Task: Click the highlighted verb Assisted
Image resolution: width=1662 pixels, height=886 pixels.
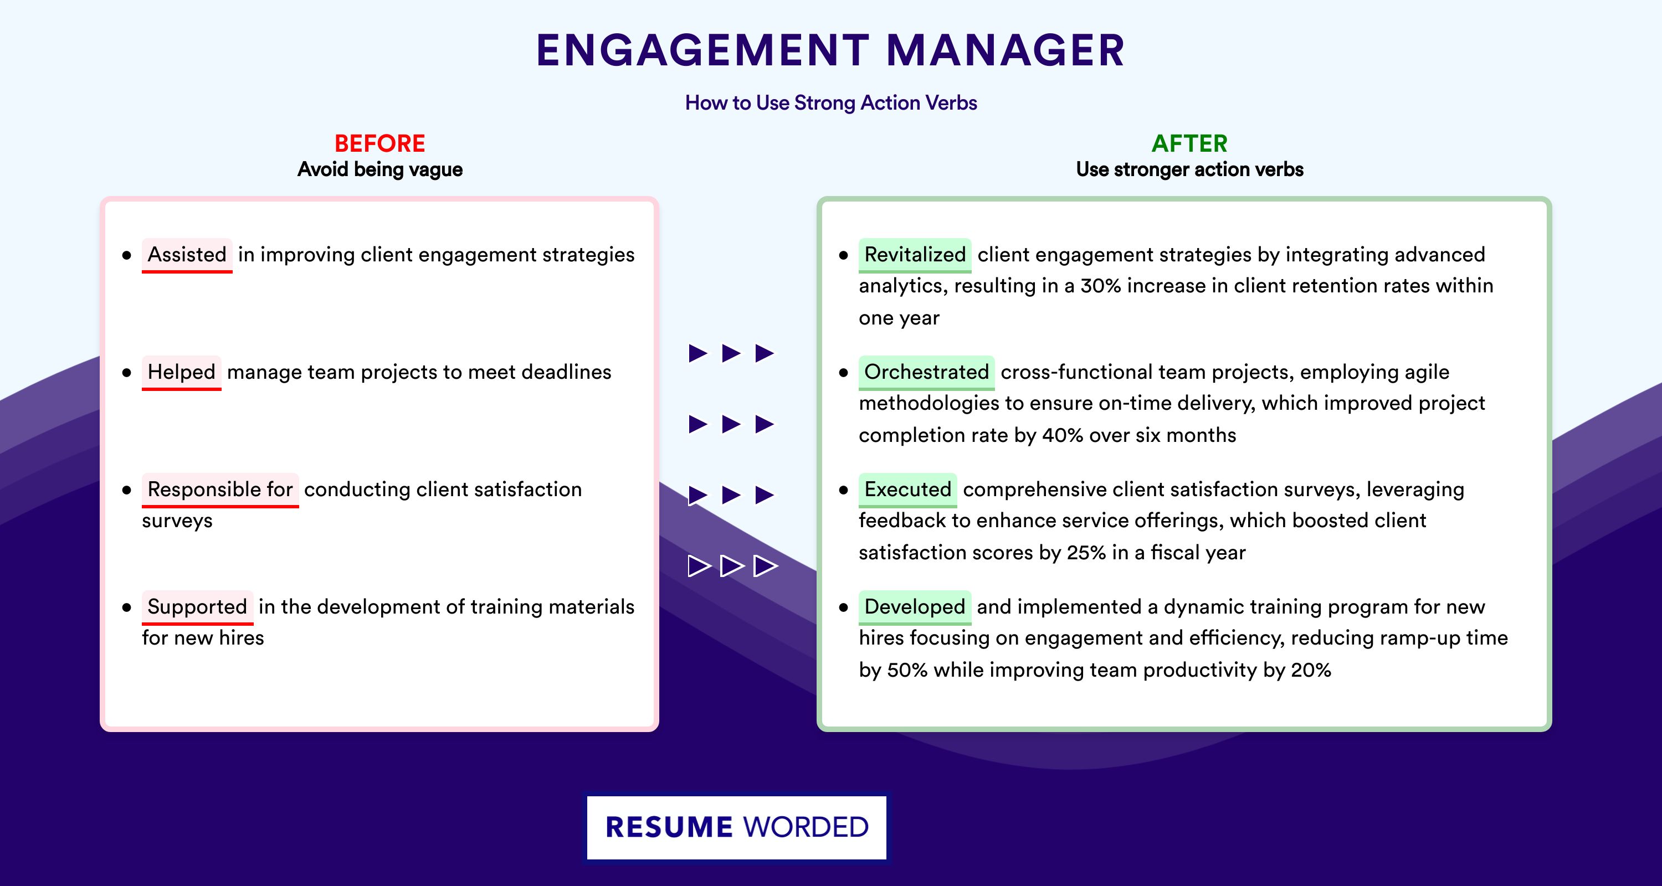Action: [187, 255]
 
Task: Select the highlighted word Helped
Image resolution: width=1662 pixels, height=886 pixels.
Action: [181, 372]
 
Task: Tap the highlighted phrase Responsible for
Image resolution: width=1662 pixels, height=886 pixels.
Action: [220, 490]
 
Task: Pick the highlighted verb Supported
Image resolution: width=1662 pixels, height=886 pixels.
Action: [197, 607]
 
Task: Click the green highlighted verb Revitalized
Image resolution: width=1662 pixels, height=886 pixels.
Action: [915, 255]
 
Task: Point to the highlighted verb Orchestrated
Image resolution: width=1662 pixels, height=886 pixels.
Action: [926, 372]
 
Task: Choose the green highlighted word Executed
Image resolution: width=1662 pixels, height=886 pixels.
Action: [908, 490]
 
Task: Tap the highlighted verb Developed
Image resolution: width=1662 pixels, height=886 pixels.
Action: [915, 607]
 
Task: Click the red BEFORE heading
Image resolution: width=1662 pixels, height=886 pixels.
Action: [380, 143]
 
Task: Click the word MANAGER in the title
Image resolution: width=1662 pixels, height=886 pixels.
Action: [1005, 50]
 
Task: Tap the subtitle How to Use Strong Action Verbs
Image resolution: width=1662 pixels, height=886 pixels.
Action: [831, 102]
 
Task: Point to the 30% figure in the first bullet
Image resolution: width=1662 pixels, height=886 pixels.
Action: [1101, 286]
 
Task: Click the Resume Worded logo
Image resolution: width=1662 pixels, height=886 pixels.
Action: [737, 827]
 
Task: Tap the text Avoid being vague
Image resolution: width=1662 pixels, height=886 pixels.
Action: [380, 169]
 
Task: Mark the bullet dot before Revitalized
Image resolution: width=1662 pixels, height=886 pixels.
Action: [843, 255]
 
